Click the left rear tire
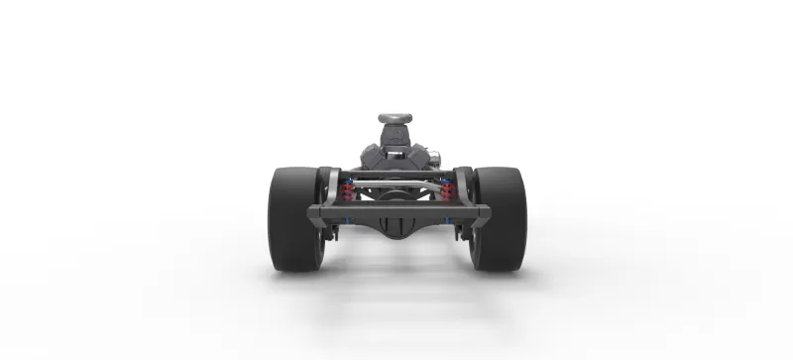click(294, 218)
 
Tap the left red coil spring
click(347, 189)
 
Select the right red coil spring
click(445, 189)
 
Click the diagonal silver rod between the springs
click(396, 184)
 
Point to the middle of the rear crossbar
click(396, 210)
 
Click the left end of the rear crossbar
click(315, 211)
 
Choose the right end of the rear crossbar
click(480, 211)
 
